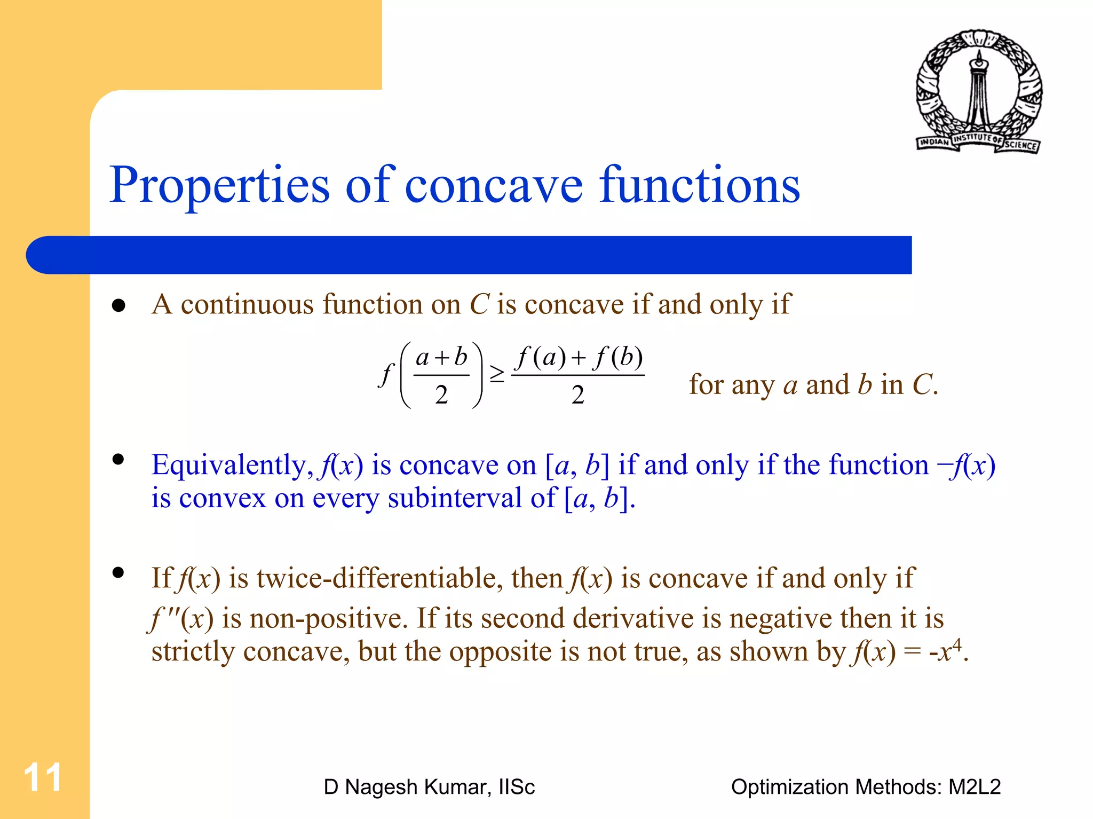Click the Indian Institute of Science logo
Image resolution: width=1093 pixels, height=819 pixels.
coord(978,91)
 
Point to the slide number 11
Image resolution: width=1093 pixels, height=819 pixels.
coord(43,777)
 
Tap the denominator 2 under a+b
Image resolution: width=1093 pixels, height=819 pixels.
coord(441,395)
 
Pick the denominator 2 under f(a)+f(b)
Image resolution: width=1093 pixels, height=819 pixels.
coord(578,395)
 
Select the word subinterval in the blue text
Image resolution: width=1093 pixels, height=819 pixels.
coord(455,499)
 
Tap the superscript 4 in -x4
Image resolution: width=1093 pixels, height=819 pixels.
coord(957,645)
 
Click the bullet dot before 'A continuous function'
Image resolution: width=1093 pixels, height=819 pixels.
coord(118,305)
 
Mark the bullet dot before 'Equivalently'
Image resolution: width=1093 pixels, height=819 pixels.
coord(118,459)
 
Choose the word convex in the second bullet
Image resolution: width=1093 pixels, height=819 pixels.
coord(222,499)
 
